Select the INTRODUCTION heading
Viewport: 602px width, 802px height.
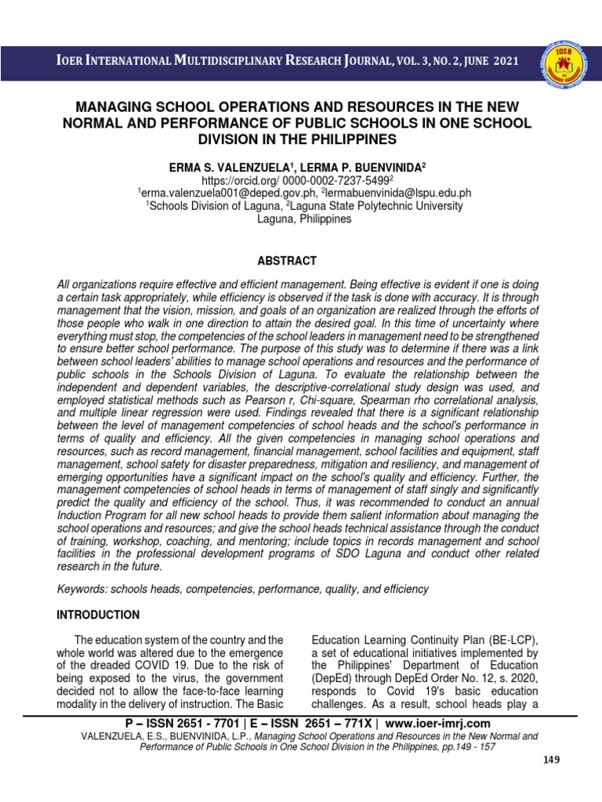tap(98, 615)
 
